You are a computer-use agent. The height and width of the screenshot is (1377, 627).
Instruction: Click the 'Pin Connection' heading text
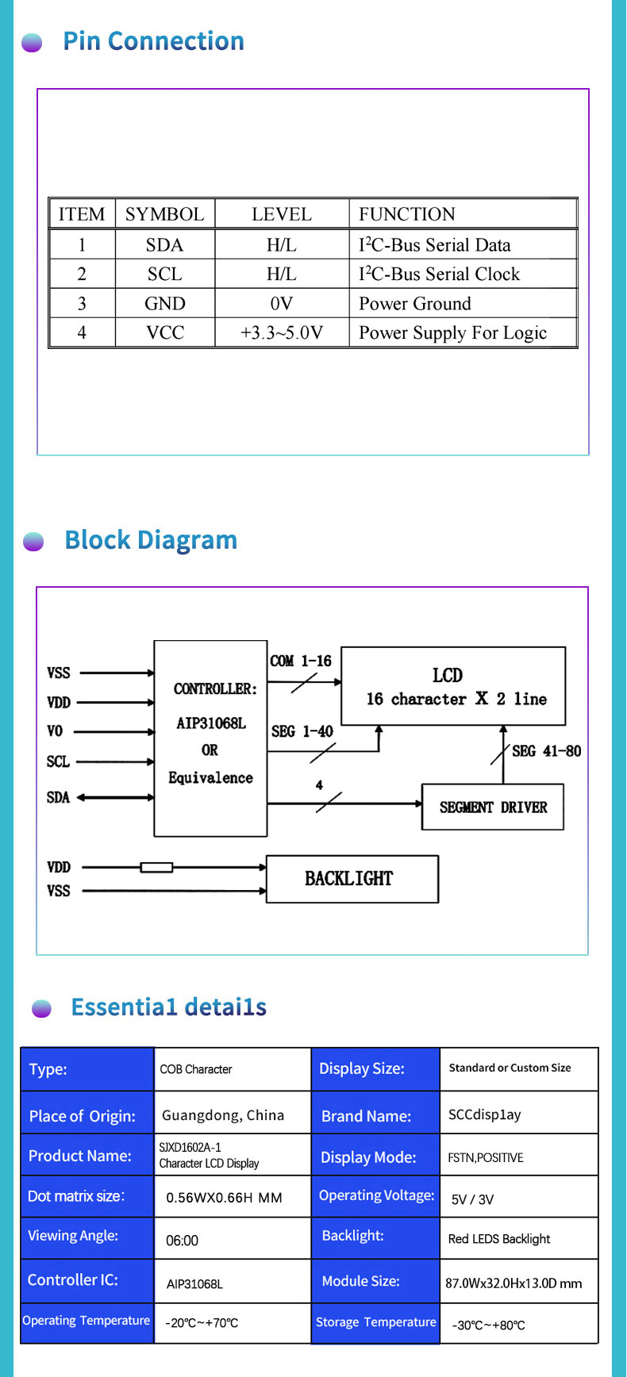tap(153, 41)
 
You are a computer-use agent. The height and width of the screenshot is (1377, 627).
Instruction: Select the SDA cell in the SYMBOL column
tap(164, 245)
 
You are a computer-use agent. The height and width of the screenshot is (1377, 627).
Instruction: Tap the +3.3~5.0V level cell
tap(282, 332)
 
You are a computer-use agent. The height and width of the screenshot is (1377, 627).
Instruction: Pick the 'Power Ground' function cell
tap(414, 304)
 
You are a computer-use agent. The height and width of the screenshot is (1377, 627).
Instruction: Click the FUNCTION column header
tap(406, 214)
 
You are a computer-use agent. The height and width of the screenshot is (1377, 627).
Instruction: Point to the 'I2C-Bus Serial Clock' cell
tap(439, 274)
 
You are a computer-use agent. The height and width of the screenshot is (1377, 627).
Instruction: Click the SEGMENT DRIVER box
tap(492, 807)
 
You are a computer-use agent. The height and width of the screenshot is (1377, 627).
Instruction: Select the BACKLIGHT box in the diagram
tap(352, 879)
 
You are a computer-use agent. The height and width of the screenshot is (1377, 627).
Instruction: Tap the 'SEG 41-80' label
tap(546, 750)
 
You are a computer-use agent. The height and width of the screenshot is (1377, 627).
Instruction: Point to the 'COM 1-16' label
tap(300, 661)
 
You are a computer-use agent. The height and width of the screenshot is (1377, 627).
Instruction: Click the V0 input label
tap(55, 731)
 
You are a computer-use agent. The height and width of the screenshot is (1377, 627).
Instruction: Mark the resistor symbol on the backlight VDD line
tap(156, 867)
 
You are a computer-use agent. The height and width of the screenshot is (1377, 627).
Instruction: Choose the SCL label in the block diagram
tap(58, 761)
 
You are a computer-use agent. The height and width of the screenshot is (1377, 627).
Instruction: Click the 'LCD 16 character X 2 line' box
tap(453, 686)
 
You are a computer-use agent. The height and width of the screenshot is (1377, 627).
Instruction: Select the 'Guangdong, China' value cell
tap(223, 1115)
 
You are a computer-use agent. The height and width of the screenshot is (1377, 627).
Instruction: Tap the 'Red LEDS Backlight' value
tap(498, 1239)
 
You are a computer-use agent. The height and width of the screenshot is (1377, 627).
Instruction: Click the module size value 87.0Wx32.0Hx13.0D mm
tap(514, 1283)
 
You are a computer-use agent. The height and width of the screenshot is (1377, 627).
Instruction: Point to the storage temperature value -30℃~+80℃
tap(488, 1325)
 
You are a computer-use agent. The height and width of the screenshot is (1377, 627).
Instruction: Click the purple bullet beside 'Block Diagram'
tap(33, 542)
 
